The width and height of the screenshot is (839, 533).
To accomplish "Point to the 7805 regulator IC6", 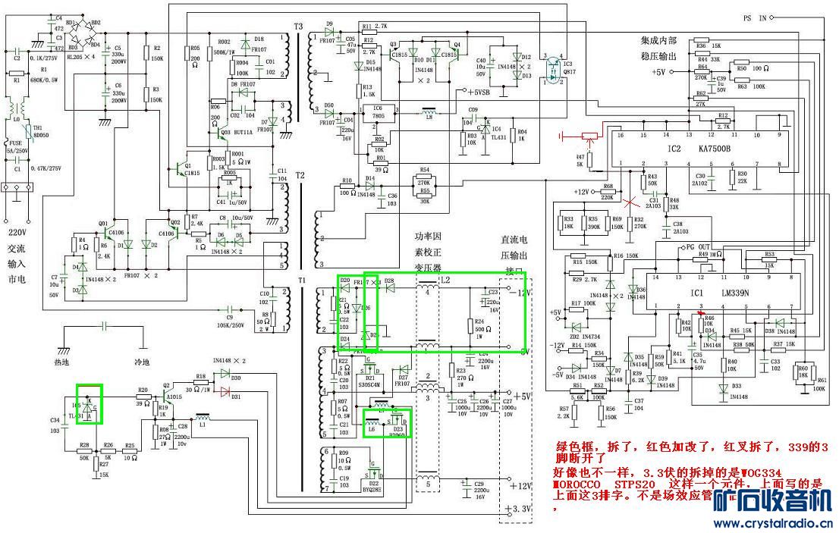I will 377,114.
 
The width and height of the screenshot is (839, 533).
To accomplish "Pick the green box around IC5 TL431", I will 90,402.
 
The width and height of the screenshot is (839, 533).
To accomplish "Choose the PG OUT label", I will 699,248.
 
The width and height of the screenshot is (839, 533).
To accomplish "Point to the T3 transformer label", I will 298,27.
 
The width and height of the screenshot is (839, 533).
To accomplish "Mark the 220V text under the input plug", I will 17,234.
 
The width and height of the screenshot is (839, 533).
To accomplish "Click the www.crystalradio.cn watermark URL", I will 773,523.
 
